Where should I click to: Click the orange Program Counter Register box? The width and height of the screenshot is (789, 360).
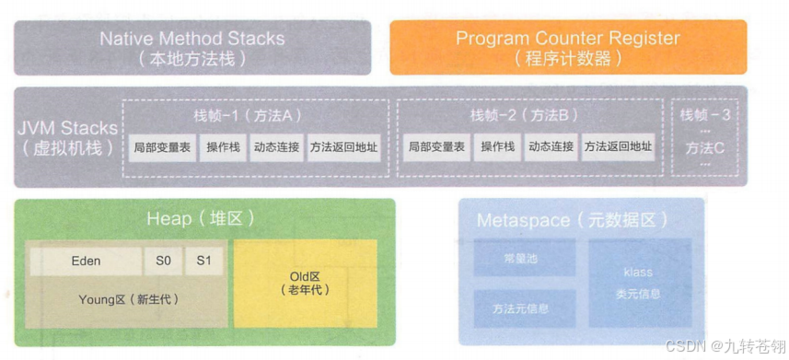pyautogui.click(x=568, y=48)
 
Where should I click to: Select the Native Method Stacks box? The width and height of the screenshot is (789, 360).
pyautogui.click(x=192, y=48)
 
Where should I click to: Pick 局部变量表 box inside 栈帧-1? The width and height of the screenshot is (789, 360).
pyautogui.click(x=163, y=147)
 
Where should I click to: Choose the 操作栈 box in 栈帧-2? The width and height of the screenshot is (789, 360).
pyautogui.click(x=496, y=147)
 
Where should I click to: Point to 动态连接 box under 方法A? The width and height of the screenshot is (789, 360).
pyautogui.click(x=276, y=147)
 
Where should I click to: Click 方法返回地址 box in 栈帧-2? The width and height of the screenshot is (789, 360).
pyautogui.click(x=617, y=147)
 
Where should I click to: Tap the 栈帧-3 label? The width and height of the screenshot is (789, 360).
pyautogui.click(x=705, y=116)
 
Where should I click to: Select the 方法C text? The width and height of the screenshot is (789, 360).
pyautogui.click(x=705, y=147)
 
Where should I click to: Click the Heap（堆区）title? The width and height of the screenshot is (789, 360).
pyautogui.click(x=200, y=219)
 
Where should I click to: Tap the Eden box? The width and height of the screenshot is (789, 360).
pyautogui.click(x=86, y=261)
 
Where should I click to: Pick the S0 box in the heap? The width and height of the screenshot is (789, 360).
pyautogui.click(x=163, y=261)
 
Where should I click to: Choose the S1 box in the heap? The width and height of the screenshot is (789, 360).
pyautogui.click(x=203, y=261)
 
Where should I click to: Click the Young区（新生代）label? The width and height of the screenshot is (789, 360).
pyautogui.click(x=129, y=299)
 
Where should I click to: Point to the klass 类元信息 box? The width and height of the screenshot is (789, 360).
pyautogui.click(x=638, y=284)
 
